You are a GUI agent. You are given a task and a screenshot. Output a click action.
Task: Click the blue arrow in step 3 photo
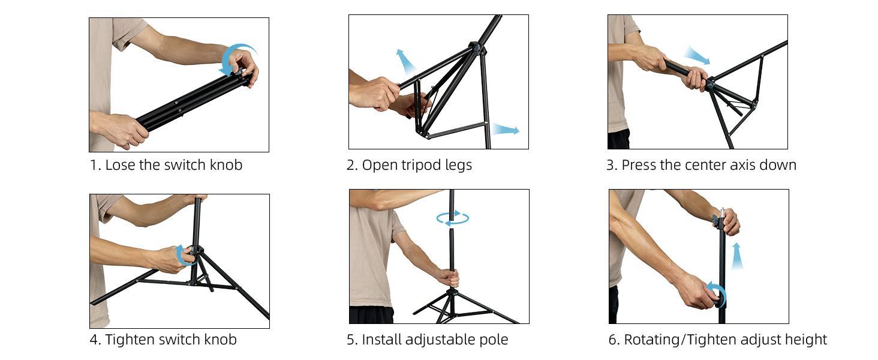point(697,56)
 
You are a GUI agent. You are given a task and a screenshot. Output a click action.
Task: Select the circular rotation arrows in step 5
point(453,218)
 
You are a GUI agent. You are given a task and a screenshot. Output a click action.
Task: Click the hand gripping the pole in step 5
point(448,277)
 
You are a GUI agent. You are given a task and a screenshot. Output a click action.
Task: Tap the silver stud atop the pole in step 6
point(723,212)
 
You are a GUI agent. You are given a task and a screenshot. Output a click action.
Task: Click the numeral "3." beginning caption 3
point(611,165)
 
